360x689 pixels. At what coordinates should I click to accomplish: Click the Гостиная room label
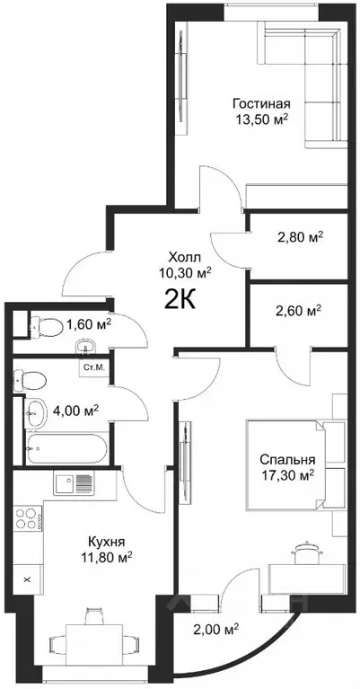click(x=261, y=103)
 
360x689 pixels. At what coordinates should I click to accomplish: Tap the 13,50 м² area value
click(x=262, y=119)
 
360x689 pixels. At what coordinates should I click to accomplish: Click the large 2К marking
click(x=180, y=300)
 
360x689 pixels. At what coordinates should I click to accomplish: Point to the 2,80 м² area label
click(x=301, y=238)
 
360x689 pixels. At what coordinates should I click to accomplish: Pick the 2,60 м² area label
click(x=299, y=311)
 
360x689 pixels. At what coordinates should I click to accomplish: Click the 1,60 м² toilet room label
click(x=88, y=324)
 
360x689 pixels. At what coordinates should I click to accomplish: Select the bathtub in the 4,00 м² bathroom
click(x=66, y=448)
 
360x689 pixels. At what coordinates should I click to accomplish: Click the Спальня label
click(x=287, y=460)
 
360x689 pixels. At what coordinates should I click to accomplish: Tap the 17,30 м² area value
click(x=287, y=475)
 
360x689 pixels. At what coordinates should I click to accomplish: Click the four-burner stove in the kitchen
click(x=28, y=518)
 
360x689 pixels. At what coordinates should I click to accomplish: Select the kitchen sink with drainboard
click(x=74, y=484)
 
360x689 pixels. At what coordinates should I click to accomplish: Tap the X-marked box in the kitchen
click(x=27, y=579)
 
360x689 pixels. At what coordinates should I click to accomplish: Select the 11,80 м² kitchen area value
click(x=107, y=557)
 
